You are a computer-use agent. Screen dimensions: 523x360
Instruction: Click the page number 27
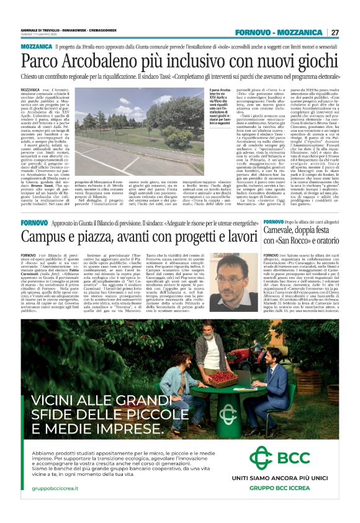tap(335, 32)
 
